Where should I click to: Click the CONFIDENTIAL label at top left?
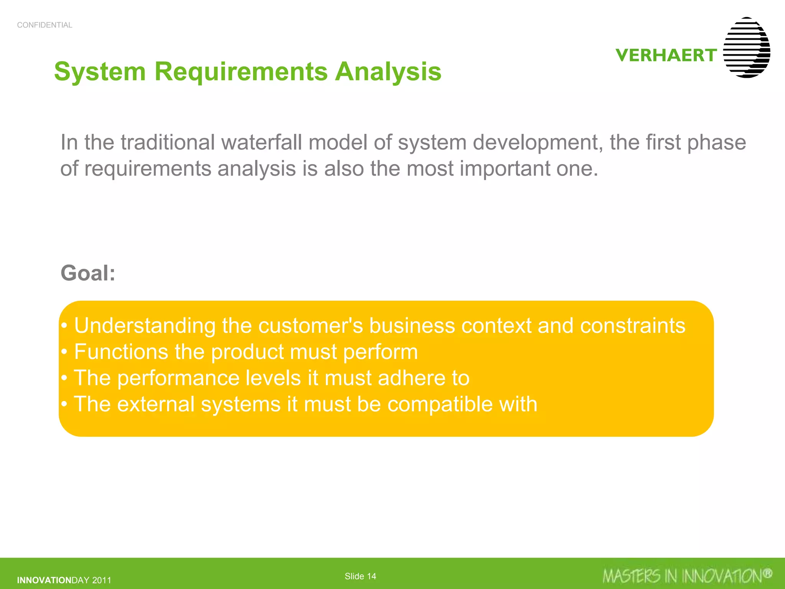pos(44,25)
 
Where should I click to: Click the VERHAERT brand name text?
pos(666,55)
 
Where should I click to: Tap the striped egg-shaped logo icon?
pos(746,48)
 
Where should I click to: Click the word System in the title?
pos(100,72)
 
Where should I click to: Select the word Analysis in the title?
pos(388,72)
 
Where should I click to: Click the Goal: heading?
pos(88,273)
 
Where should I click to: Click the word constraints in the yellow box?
pos(632,326)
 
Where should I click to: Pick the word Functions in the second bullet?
pos(121,352)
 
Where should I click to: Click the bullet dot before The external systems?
pos(64,404)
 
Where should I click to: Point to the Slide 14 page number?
pos(360,576)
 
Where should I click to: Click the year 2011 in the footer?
pos(102,580)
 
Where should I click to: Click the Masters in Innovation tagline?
pos(682,576)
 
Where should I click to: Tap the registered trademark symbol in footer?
pos(767,573)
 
